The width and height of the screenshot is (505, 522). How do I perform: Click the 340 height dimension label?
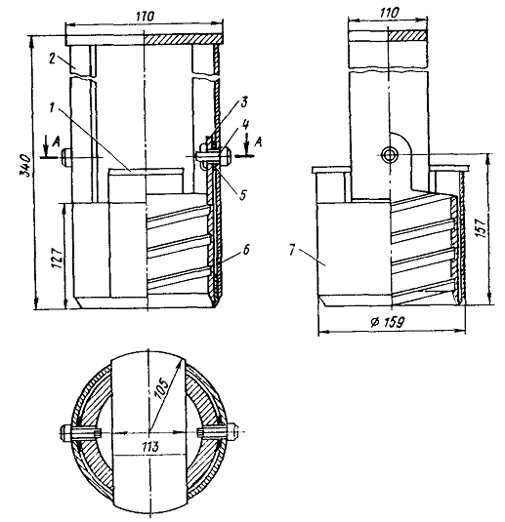point(25,165)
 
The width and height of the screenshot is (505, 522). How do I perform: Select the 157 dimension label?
point(481,227)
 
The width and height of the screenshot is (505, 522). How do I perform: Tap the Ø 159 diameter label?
point(387,322)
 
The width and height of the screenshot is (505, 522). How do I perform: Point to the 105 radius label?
point(162,387)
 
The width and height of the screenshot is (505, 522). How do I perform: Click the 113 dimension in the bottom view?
point(149,447)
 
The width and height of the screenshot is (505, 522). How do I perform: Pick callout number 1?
point(52,107)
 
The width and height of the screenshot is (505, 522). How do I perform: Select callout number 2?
point(52,59)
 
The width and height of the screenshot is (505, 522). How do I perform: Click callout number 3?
point(243,102)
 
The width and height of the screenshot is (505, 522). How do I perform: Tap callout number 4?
point(245,125)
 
